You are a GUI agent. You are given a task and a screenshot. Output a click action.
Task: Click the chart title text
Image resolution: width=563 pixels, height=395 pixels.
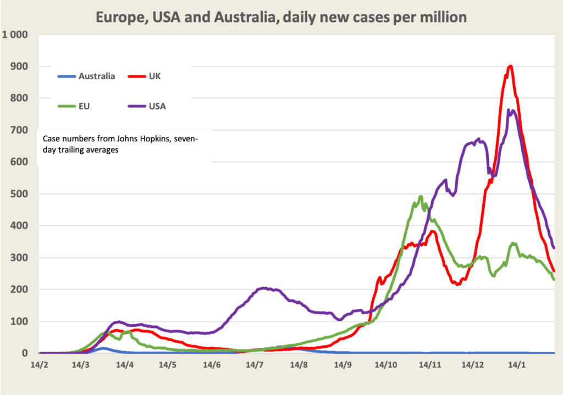click(x=281, y=17)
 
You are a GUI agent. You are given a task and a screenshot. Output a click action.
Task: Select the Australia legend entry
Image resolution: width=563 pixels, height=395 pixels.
click(x=97, y=76)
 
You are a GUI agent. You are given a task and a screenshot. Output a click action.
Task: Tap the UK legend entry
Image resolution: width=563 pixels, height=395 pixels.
click(x=154, y=76)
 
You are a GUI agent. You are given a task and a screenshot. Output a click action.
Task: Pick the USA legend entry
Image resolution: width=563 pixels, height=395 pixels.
click(x=156, y=106)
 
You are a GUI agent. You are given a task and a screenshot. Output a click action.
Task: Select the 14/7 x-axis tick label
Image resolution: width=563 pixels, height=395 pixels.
click(x=256, y=364)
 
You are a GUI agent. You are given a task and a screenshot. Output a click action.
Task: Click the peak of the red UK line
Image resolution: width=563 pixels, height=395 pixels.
click(x=511, y=66)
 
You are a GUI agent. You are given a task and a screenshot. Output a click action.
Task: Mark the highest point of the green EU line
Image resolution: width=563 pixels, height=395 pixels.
click(x=421, y=196)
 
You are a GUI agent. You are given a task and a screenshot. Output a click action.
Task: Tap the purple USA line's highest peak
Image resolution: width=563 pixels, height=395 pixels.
click(x=509, y=110)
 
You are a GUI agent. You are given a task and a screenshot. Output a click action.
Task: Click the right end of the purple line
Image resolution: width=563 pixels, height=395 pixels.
click(x=554, y=248)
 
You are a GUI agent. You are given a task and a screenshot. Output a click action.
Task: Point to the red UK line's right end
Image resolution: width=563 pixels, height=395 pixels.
click(x=554, y=270)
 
